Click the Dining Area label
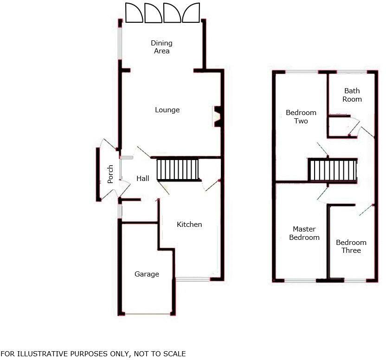pyautogui.click(x=161, y=47)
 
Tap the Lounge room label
pyautogui.click(x=167, y=110)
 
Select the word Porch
pyautogui.click(x=110, y=174)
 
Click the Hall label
pyautogui.click(x=142, y=178)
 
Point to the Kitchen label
pyautogui.click(x=189, y=225)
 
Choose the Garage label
pyautogui.click(x=147, y=274)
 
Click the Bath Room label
pyautogui.click(x=352, y=95)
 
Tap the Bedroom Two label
pyautogui.click(x=301, y=117)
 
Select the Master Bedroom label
pyautogui.click(x=304, y=233)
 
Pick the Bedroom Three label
pyautogui.click(x=351, y=246)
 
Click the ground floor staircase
pyautogui.click(x=178, y=169)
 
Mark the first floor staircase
pyautogui.click(x=333, y=170)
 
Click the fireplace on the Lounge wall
pyautogui.click(x=217, y=116)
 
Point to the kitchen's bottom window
pyautogui.click(x=193, y=279)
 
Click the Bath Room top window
pyautogui.click(x=351, y=72)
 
